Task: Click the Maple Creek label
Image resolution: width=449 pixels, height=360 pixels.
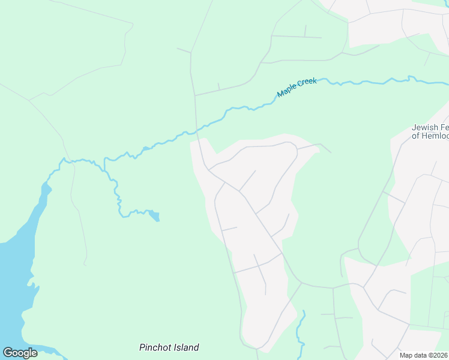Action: point(297,88)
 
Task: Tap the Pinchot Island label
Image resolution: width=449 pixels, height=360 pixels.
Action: point(169,347)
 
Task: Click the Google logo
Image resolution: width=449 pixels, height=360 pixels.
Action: point(20,353)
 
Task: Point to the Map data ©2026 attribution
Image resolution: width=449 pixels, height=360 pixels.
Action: point(424,355)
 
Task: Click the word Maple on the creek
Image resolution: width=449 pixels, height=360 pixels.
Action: point(288,91)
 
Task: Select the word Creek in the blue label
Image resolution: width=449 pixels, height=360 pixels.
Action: point(307,83)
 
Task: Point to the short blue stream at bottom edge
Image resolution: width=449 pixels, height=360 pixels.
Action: point(300,333)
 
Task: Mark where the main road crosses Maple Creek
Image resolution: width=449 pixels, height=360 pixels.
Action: point(196,131)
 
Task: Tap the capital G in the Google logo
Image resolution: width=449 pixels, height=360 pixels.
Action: point(8,353)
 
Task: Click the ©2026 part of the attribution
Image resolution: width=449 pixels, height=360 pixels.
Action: point(438,355)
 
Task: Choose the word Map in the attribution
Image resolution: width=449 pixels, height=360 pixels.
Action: point(406,355)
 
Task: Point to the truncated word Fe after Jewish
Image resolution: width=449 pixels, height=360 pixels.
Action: point(444,127)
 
